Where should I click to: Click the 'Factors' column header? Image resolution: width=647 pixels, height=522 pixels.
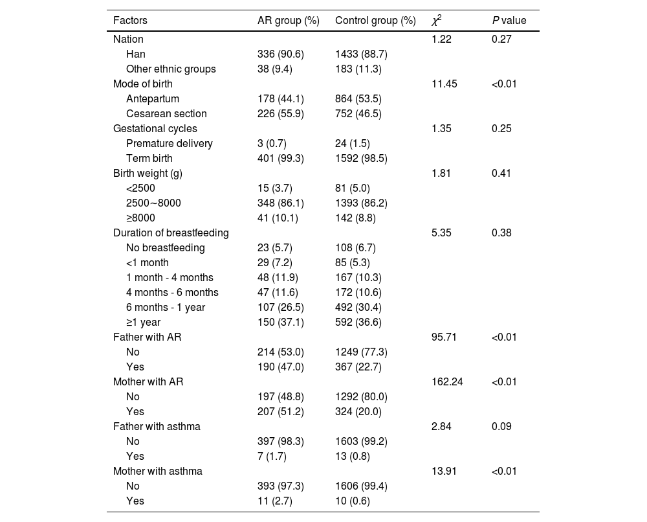pos(130,21)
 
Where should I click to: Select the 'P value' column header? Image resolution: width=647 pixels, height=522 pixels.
pos(509,21)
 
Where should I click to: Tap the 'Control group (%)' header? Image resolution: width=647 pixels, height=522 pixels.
pos(375,21)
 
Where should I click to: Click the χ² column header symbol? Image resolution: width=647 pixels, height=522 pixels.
pos(437,21)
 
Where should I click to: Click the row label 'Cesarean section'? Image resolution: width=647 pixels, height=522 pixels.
pos(166,114)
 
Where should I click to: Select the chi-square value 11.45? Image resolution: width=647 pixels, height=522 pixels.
pos(444,84)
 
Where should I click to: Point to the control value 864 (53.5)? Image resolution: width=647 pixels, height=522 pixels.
pos(358,99)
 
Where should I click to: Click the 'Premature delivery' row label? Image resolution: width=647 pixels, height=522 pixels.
pos(170,144)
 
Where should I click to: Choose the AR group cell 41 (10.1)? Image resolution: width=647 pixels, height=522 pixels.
pos(278,218)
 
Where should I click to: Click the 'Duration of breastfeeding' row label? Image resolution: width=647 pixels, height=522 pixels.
pos(171,233)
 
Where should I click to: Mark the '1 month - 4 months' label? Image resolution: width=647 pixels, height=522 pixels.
pos(170,278)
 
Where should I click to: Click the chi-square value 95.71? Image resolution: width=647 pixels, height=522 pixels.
pos(444,337)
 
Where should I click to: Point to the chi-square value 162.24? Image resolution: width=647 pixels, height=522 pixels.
pos(447,382)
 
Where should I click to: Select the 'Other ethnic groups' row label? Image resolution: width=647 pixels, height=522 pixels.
pos(171,69)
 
